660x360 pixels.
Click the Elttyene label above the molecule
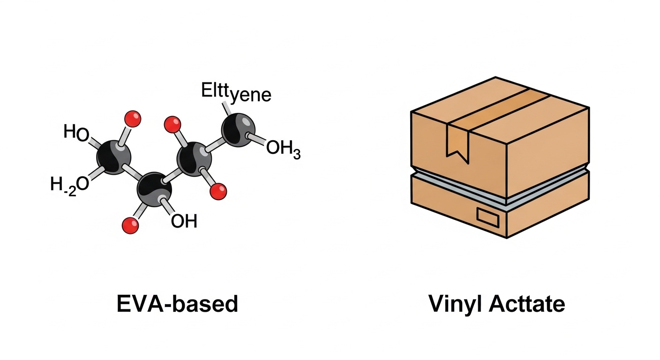(236, 93)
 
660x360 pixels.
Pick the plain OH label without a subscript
(184, 220)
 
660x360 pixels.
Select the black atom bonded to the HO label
(113, 157)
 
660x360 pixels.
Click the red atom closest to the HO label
(133, 119)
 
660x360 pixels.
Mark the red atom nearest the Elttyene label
(173, 124)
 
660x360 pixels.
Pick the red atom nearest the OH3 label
(218, 191)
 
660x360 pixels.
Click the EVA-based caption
(177, 304)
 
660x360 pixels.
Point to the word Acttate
(526, 304)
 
